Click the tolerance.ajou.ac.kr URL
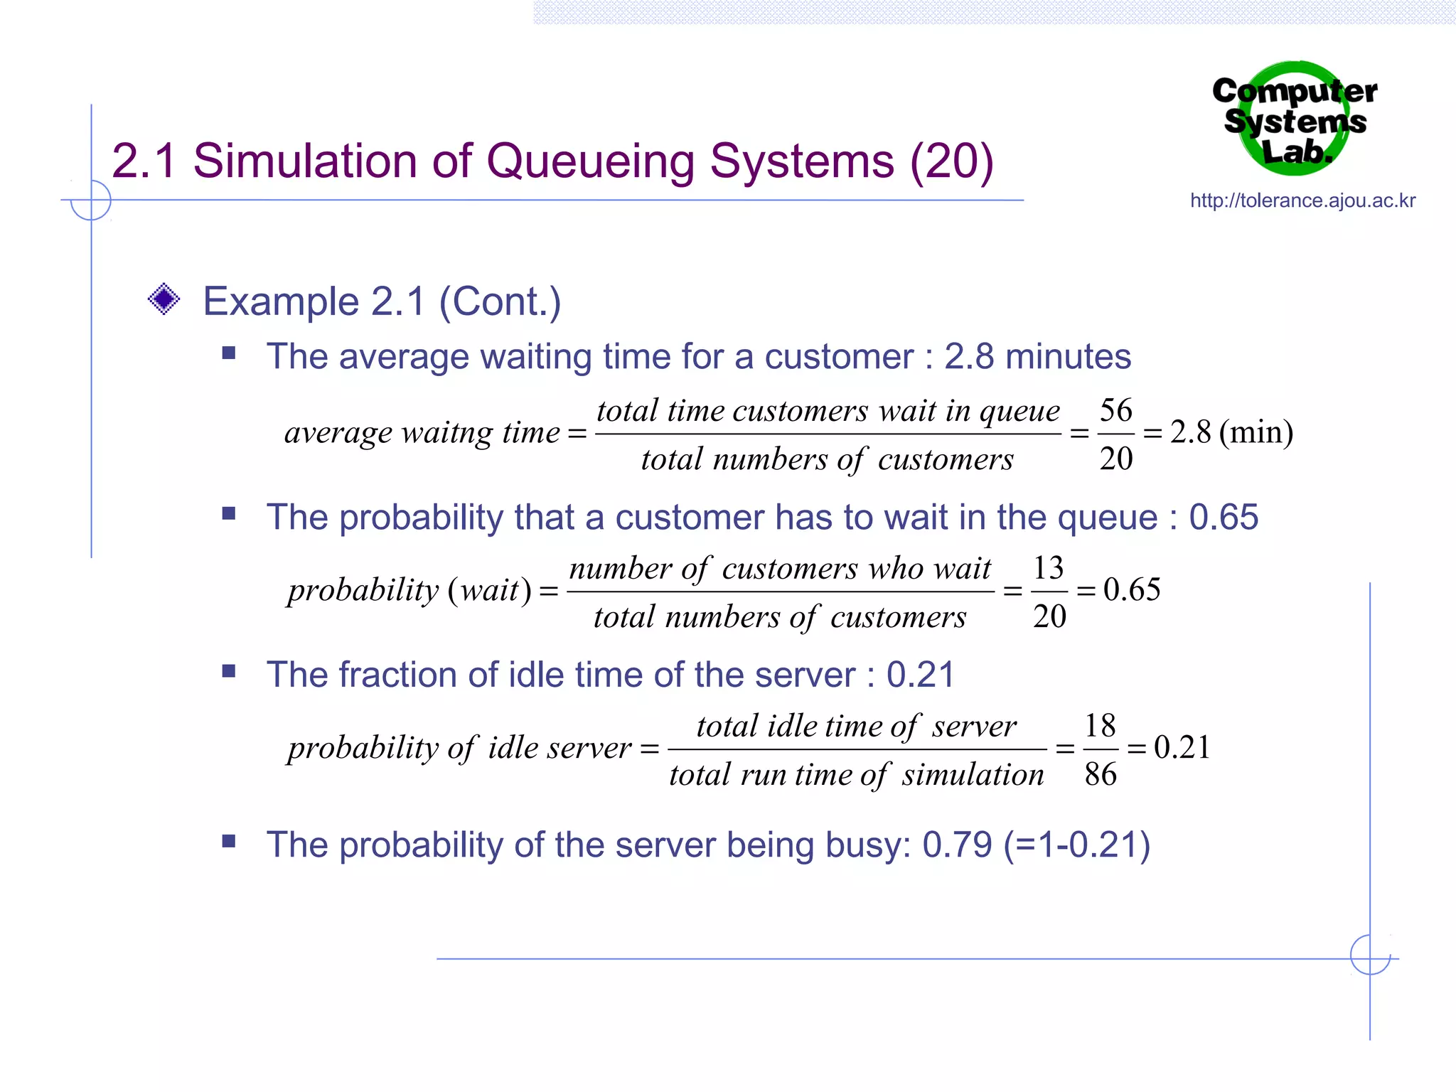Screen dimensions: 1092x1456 pyautogui.click(x=1302, y=200)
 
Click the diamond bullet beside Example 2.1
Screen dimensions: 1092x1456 pyautogui.click(x=164, y=299)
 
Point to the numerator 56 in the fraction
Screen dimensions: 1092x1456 pyautogui.click(x=1115, y=410)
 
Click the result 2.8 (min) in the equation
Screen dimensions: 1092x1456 pyautogui.click(x=1231, y=432)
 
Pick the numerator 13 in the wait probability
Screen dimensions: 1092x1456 pyautogui.click(x=1049, y=568)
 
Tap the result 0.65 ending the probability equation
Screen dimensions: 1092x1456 pyautogui.click(x=1132, y=589)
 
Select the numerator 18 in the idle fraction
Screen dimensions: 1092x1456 pyautogui.click(x=1100, y=726)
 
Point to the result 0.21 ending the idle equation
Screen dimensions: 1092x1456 pyautogui.click(x=1182, y=747)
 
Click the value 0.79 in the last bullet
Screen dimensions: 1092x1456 pyautogui.click(x=957, y=845)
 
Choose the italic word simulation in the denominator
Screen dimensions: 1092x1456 pyautogui.click(x=973, y=774)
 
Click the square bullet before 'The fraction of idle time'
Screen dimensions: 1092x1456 pyautogui.click(x=228, y=671)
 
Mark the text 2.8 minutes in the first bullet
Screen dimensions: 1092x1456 pyautogui.click(x=1037, y=356)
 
